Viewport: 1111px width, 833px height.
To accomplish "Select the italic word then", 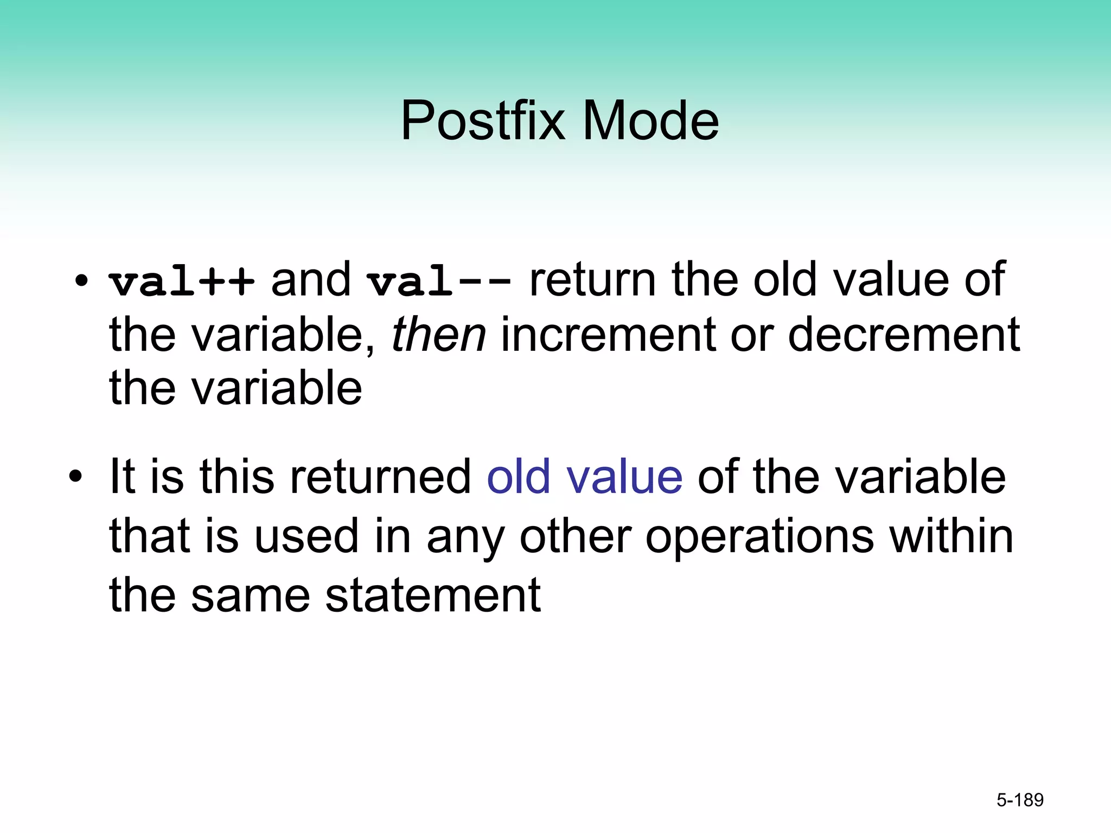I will pos(438,335).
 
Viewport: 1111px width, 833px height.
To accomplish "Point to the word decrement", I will pos(904,335).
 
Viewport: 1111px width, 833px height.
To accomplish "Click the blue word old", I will pos(519,477).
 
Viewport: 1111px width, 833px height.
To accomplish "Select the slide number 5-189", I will pos(1020,800).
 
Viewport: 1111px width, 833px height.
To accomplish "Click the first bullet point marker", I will pos(81,281).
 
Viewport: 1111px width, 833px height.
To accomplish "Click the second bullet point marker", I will pos(75,477).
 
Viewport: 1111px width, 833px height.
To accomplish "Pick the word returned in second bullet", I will pos(380,477).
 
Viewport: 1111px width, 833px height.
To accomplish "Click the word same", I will pos(250,596).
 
